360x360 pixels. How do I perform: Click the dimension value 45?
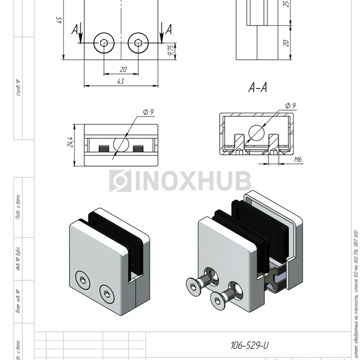point(60,20)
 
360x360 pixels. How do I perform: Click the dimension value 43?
point(120,81)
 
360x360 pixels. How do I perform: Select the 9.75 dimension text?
point(171,49)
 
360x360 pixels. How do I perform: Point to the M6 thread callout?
point(298,160)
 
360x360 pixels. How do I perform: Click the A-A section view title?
point(257,88)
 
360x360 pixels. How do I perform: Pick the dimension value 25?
point(286,4)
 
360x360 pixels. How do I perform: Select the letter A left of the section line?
point(75,31)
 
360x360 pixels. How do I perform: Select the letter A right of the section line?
point(168,31)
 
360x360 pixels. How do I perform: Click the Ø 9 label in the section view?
point(291,106)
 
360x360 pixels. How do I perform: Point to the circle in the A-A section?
point(257,133)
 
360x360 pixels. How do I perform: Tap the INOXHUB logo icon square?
point(120,181)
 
